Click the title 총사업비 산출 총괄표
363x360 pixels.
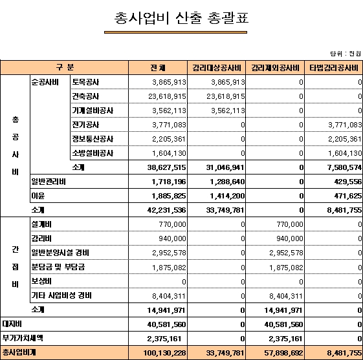pyautogui.click(x=181, y=18)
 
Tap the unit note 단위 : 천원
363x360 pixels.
pyautogui.click(x=346, y=54)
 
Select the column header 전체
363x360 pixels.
pyautogui.click(x=158, y=68)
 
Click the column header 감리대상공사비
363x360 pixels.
pyautogui.click(x=217, y=68)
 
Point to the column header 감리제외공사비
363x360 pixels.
pyautogui.click(x=275, y=68)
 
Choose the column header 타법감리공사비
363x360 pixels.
pyautogui.click(x=334, y=68)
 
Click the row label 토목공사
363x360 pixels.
pyautogui.click(x=85, y=82)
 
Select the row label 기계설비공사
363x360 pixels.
pyautogui.click(x=93, y=111)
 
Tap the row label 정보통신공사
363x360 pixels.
pyautogui.click(x=93, y=139)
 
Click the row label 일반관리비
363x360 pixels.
pyautogui.click(x=49, y=182)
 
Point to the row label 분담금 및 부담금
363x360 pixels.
pyautogui.click(x=58, y=267)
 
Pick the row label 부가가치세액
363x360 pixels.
pyautogui.click(x=23, y=338)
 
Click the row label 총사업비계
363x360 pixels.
pyautogui.click(x=19, y=352)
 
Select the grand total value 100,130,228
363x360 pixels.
pyautogui.click(x=164, y=353)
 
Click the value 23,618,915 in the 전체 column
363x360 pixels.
pyautogui.click(x=167, y=96)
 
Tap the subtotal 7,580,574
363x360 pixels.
pyautogui.click(x=344, y=167)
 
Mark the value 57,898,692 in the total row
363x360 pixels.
pyautogui.click(x=283, y=353)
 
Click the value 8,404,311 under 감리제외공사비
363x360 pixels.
pyautogui.click(x=286, y=296)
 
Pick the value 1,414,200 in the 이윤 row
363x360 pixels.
pyautogui.click(x=227, y=196)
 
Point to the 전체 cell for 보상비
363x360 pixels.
pyautogui.click(x=184, y=282)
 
